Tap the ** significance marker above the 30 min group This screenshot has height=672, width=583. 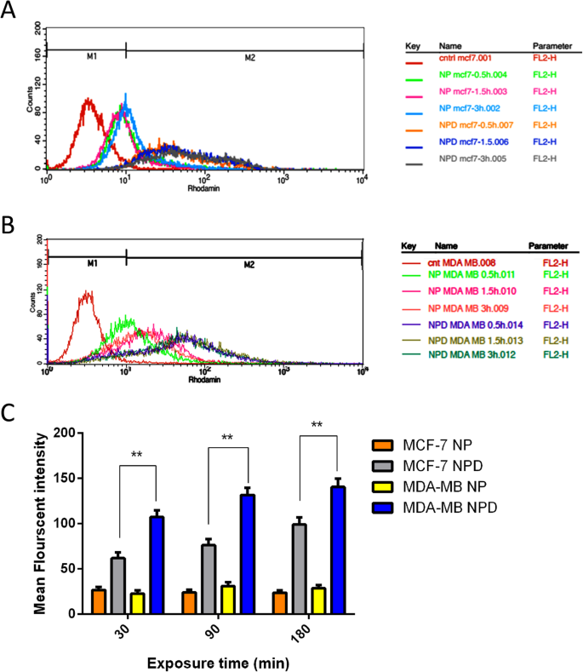click(136, 455)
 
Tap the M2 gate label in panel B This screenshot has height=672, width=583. click(248, 264)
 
